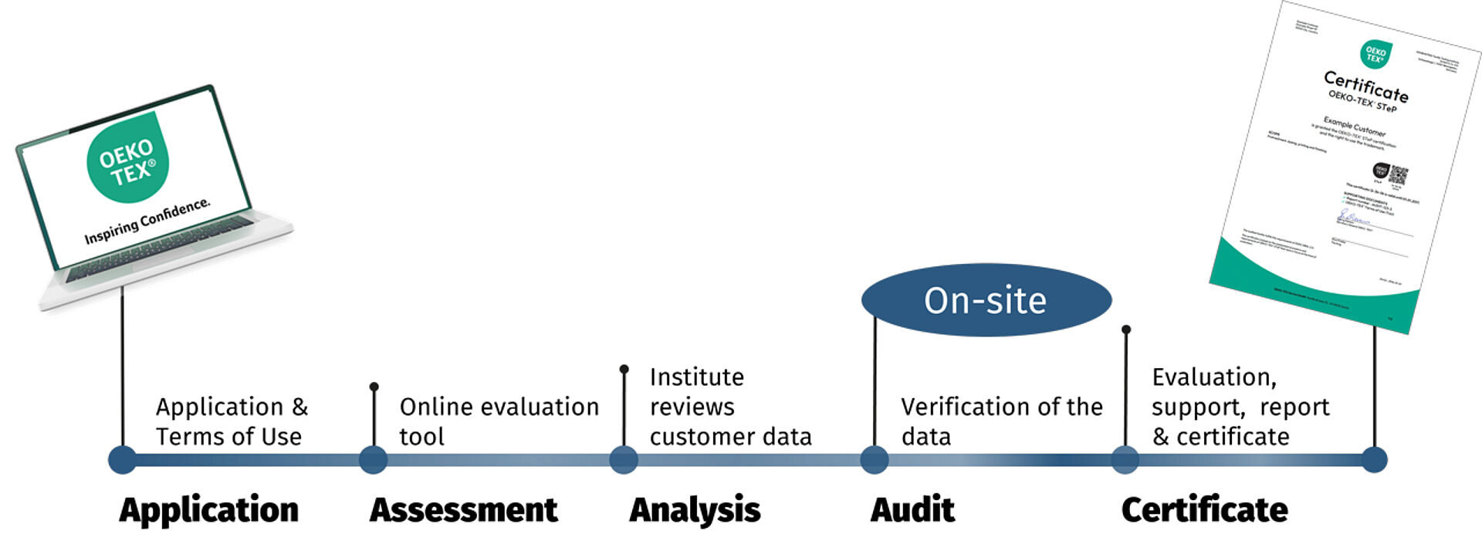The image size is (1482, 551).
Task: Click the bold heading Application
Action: click(208, 510)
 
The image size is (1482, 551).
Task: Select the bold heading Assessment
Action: click(463, 510)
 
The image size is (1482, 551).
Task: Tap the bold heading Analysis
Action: click(695, 511)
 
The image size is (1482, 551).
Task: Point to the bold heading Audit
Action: click(912, 510)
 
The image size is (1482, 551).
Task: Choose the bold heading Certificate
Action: click(1204, 510)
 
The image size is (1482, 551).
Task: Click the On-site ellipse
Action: click(986, 300)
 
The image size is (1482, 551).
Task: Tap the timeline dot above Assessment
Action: click(374, 460)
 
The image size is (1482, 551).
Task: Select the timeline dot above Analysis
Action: click(624, 460)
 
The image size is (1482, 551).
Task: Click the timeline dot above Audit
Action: click(874, 460)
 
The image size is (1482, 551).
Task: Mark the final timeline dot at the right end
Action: click(1374, 460)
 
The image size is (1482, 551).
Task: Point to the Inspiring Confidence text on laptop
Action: click(147, 221)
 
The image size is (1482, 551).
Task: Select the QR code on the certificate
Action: click(1399, 174)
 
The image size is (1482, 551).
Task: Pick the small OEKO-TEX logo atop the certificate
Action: click(1375, 55)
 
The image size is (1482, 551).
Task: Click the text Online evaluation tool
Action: click(499, 421)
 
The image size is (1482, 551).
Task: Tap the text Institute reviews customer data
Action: click(729, 407)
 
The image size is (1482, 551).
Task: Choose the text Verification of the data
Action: click(1001, 421)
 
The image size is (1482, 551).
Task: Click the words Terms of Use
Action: click(228, 437)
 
